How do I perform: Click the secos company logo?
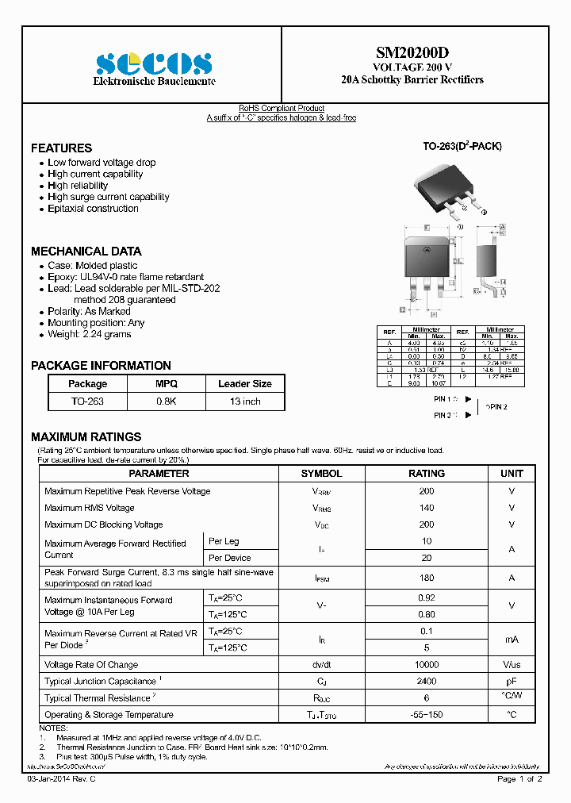(x=154, y=64)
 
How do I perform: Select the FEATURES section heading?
(x=61, y=148)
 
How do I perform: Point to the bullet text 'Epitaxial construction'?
(x=93, y=209)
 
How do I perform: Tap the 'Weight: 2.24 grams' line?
(x=90, y=334)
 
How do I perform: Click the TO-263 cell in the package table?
(x=87, y=401)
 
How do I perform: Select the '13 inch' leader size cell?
(x=244, y=401)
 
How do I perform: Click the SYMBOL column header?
(x=321, y=473)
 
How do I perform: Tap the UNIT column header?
(x=512, y=473)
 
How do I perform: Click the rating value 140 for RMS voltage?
(x=427, y=508)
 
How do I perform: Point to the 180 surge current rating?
(x=427, y=578)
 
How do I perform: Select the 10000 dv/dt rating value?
(x=427, y=665)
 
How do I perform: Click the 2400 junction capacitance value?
(x=427, y=682)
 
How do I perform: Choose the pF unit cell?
(x=512, y=682)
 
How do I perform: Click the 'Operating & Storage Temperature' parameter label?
(x=109, y=715)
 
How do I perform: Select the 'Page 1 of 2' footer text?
(x=519, y=779)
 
